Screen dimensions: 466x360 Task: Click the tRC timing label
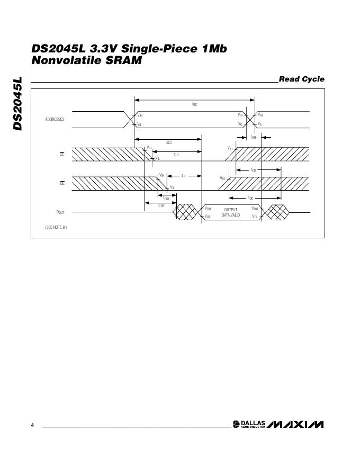click(194, 104)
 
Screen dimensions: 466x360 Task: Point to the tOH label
click(253, 137)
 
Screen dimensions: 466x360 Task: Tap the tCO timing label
click(176, 155)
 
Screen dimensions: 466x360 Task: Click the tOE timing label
click(184, 175)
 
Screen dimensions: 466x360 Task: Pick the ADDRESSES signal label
click(55, 119)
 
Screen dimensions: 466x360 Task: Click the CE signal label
click(61, 154)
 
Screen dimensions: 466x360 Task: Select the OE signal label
click(61, 183)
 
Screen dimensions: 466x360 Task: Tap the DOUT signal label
click(60, 212)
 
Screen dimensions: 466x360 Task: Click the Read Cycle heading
click(301, 79)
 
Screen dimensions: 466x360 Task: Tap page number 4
click(32, 426)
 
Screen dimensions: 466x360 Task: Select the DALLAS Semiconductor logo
click(249, 425)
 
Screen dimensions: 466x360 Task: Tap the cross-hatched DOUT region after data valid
click(277, 212)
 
